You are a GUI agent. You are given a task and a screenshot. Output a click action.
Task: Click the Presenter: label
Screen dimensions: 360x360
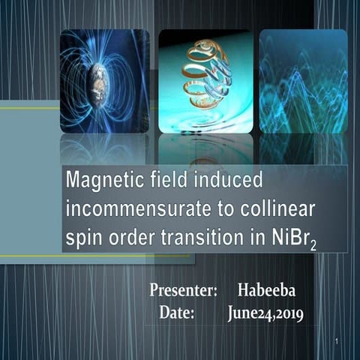(183, 289)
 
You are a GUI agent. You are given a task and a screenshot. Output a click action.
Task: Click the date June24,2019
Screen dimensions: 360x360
(265, 313)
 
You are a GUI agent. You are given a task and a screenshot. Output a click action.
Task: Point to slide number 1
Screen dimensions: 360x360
(339, 343)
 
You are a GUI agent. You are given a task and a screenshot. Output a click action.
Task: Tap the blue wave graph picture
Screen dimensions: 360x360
(302, 81)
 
